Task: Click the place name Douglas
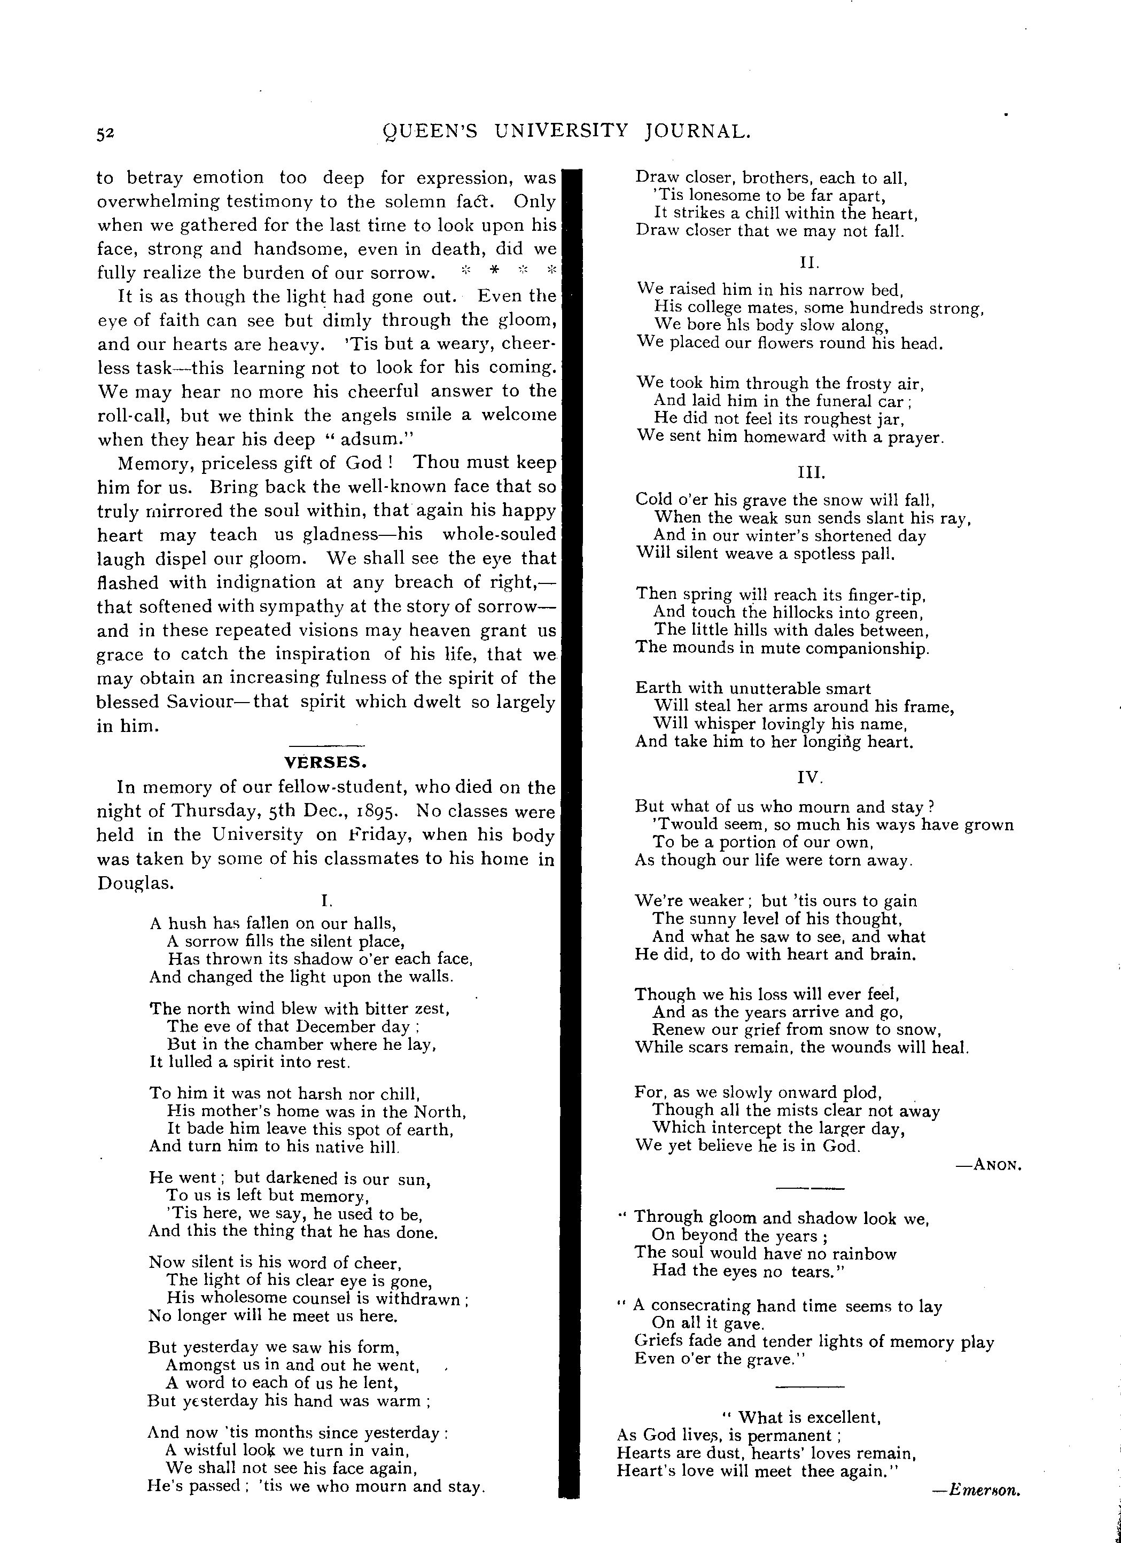(x=135, y=883)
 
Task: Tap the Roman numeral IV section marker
(x=809, y=776)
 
